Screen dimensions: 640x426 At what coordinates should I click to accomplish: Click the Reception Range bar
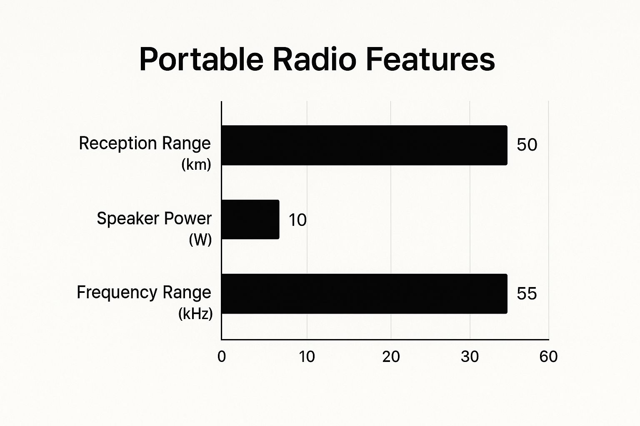(365, 145)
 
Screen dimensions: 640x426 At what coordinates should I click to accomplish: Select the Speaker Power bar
(250, 219)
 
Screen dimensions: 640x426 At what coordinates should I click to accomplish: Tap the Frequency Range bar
(365, 294)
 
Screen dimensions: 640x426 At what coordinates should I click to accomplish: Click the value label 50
(527, 145)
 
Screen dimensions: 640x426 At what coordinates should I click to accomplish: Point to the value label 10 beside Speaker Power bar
(297, 220)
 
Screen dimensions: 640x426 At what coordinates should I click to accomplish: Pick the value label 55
(527, 294)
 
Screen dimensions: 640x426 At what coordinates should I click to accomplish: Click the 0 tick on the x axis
(221, 357)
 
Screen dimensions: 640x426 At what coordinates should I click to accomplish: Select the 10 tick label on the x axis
(307, 357)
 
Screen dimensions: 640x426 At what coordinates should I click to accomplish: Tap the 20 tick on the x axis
(391, 357)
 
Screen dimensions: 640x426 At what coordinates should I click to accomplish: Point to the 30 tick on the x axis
(470, 357)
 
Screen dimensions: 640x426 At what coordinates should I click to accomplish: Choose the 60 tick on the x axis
(548, 357)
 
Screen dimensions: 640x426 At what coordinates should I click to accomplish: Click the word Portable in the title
(201, 59)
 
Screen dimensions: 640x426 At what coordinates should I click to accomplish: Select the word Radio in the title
(315, 59)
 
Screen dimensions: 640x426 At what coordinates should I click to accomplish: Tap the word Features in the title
(430, 59)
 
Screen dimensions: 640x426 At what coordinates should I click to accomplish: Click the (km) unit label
(196, 165)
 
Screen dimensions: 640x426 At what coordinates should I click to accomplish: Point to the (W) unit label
(200, 239)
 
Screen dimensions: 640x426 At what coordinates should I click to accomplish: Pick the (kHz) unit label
(195, 314)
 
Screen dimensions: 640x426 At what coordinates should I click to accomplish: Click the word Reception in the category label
(118, 144)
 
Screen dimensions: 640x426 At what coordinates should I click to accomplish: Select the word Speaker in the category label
(128, 218)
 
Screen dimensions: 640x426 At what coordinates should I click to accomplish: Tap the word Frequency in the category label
(117, 293)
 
